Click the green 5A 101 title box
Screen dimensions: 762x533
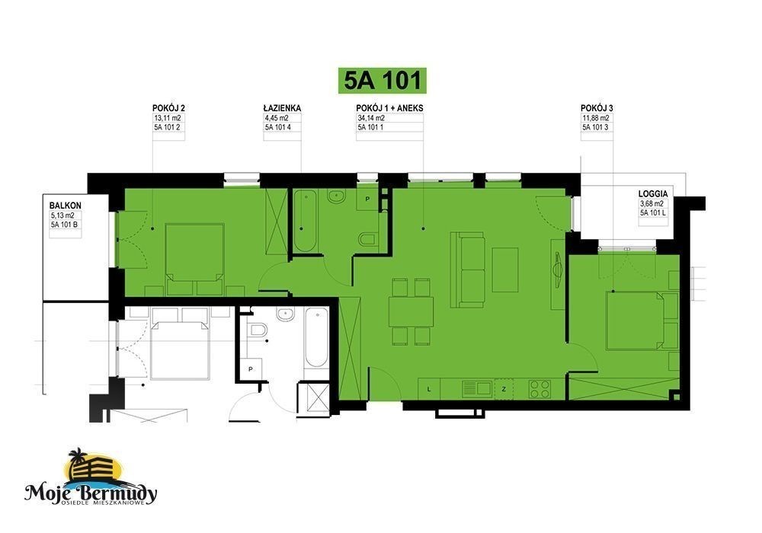(x=382, y=80)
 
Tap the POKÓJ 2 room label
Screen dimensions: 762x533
(x=168, y=108)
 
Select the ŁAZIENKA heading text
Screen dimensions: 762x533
(x=283, y=108)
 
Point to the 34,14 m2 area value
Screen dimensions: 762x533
(x=371, y=118)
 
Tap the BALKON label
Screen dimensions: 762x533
(x=65, y=206)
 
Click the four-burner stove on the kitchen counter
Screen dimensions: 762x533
(x=540, y=388)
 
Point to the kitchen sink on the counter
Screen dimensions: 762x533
(x=477, y=388)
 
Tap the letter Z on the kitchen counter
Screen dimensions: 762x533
(x=504, y=389)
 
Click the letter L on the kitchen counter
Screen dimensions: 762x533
(x=428, y=389)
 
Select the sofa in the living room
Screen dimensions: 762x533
(x=468, y=270)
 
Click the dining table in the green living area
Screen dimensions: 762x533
(x=411, y=311)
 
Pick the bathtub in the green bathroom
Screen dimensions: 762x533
(x=306, y=222)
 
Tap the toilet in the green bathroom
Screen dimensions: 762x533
(x=367, y=239)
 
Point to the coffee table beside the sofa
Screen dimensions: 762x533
(x=505, y=270)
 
